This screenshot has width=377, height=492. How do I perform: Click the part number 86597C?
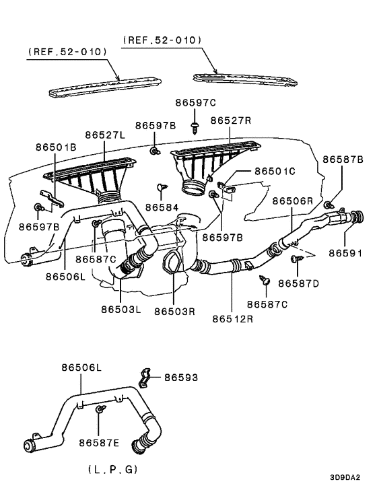coord(196,103)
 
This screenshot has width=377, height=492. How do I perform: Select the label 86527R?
coord(231,120)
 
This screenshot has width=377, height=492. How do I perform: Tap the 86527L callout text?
coord(105,135)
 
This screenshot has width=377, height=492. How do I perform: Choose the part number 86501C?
coord(275,172)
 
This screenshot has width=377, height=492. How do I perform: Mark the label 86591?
coord(345,253)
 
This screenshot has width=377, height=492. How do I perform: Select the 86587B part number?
coord(343,160)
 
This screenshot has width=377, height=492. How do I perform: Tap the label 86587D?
coord(298,283)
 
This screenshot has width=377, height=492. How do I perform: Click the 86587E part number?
coord(99,442)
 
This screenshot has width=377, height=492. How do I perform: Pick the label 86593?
coord(182,378)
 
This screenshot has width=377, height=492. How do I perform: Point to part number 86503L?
coord(121,310)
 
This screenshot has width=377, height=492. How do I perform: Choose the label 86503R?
coord(174,311)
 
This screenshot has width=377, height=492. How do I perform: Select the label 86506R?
coord(293,201)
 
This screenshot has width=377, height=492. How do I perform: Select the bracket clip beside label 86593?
coord(146,378)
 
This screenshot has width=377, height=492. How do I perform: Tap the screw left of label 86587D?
coord(264,278)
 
